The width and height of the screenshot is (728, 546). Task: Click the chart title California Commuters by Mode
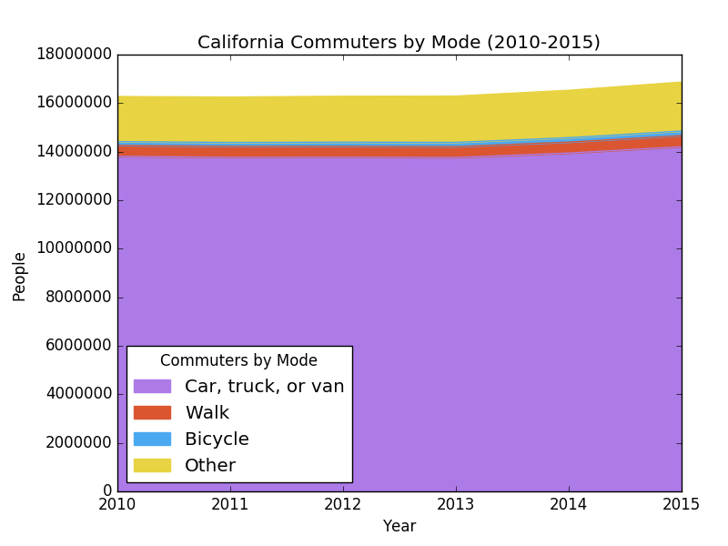(399, 43)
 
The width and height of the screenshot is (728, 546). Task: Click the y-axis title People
(20, 276)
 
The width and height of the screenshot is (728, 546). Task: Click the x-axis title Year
(399, 526)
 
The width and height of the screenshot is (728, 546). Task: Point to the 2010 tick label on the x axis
(117, 505)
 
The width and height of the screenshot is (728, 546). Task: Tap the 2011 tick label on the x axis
(230, 505)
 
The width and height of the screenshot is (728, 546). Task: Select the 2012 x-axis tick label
(343, 505)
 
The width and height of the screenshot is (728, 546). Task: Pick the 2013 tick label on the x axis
(456, 505)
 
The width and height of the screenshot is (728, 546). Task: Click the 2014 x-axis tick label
(569, 505)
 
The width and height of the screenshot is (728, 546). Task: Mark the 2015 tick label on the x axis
(682, 505)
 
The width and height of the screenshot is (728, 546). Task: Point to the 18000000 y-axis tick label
(75, 55)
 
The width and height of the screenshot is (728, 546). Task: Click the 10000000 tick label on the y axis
(75, 248)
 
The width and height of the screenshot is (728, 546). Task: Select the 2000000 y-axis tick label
(78, 443)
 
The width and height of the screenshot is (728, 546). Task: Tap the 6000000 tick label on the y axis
(78, 346)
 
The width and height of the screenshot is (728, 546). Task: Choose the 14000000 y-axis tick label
(75, 152)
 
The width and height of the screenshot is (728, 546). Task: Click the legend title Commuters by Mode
(238, 360)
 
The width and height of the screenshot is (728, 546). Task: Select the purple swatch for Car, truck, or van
(152, 387)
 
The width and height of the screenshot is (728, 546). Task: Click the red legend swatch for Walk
(152, 413)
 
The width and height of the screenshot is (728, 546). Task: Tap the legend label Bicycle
(217, 440)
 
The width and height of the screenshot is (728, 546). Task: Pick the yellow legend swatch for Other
(152, 466)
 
